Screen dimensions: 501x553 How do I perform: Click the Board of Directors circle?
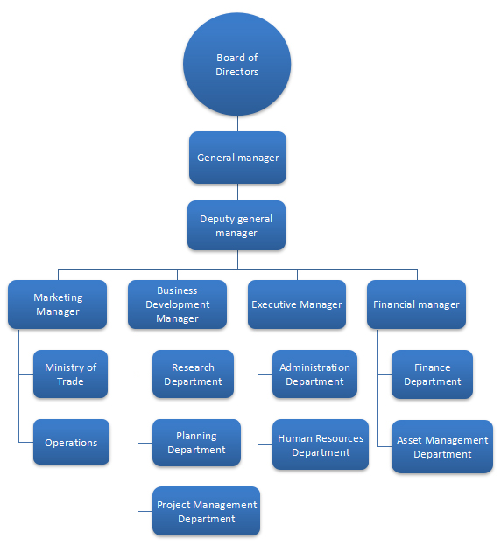[236, 64]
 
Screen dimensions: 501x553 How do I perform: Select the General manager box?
[237, 157]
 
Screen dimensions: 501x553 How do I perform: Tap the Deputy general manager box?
[236, 226]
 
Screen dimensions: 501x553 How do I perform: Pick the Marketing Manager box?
[57, 304]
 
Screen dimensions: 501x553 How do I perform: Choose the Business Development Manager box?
[177, 304]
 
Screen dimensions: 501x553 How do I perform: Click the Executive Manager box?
[297, 304]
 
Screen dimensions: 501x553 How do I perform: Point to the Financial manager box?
[417, 304]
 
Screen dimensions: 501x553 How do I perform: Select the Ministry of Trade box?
[71, 374]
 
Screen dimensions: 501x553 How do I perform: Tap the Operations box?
[71, 442]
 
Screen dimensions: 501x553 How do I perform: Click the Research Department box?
[193, 374]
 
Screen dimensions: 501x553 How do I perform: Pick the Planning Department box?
[197, 443]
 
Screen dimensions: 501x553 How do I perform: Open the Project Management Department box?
[207, 511]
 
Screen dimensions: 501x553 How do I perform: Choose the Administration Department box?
[315, 374]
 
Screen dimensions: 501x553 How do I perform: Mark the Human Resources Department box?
[321, 444]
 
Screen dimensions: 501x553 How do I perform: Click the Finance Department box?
[432, 374]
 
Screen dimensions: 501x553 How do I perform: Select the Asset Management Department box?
[442, 446]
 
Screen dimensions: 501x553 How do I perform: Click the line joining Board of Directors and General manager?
[237, 123]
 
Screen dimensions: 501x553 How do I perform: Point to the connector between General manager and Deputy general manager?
[237, 192]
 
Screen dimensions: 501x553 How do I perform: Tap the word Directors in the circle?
[236, 72]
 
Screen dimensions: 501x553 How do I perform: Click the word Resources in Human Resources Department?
[342, 438]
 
